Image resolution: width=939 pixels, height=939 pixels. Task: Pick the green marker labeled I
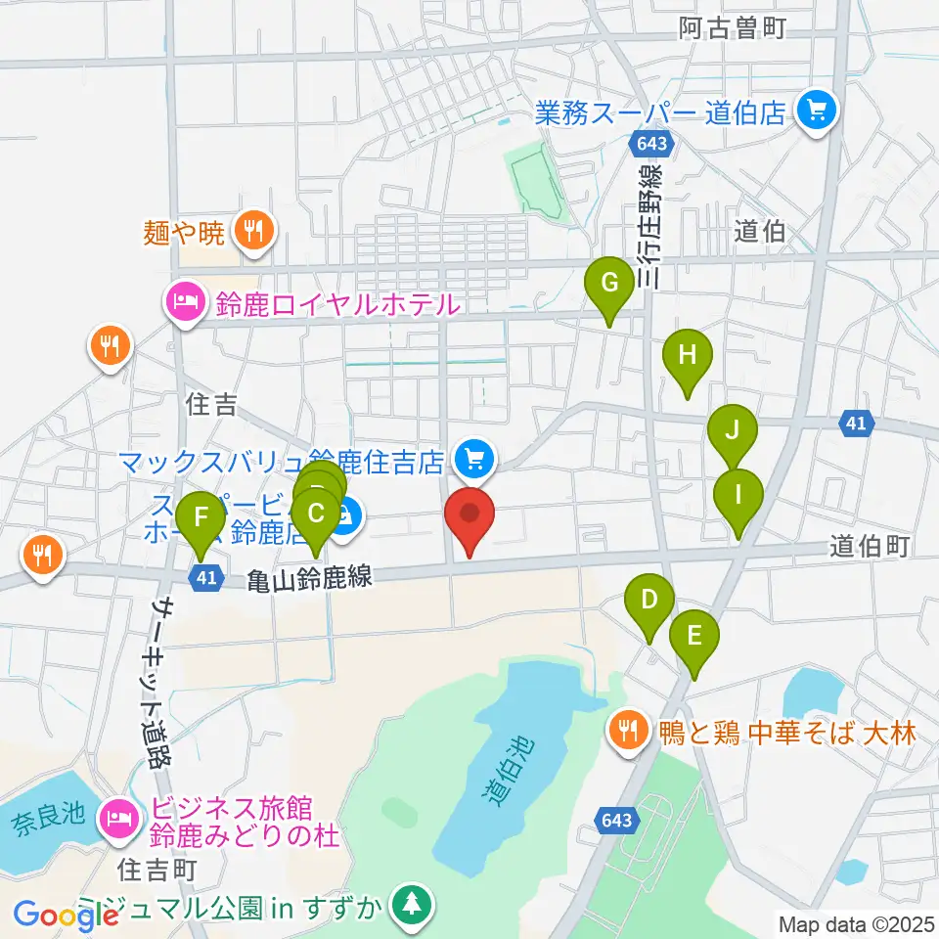coord(738,494)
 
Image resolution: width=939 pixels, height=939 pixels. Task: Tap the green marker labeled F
coord(201,515)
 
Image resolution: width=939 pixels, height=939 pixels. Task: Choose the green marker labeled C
coord(315,514)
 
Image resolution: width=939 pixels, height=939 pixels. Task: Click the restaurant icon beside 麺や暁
coord(254,232)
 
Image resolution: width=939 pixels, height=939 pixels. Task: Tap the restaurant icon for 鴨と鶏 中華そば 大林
coord(625,730)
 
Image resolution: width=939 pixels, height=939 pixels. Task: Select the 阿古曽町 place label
coord(733,29)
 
